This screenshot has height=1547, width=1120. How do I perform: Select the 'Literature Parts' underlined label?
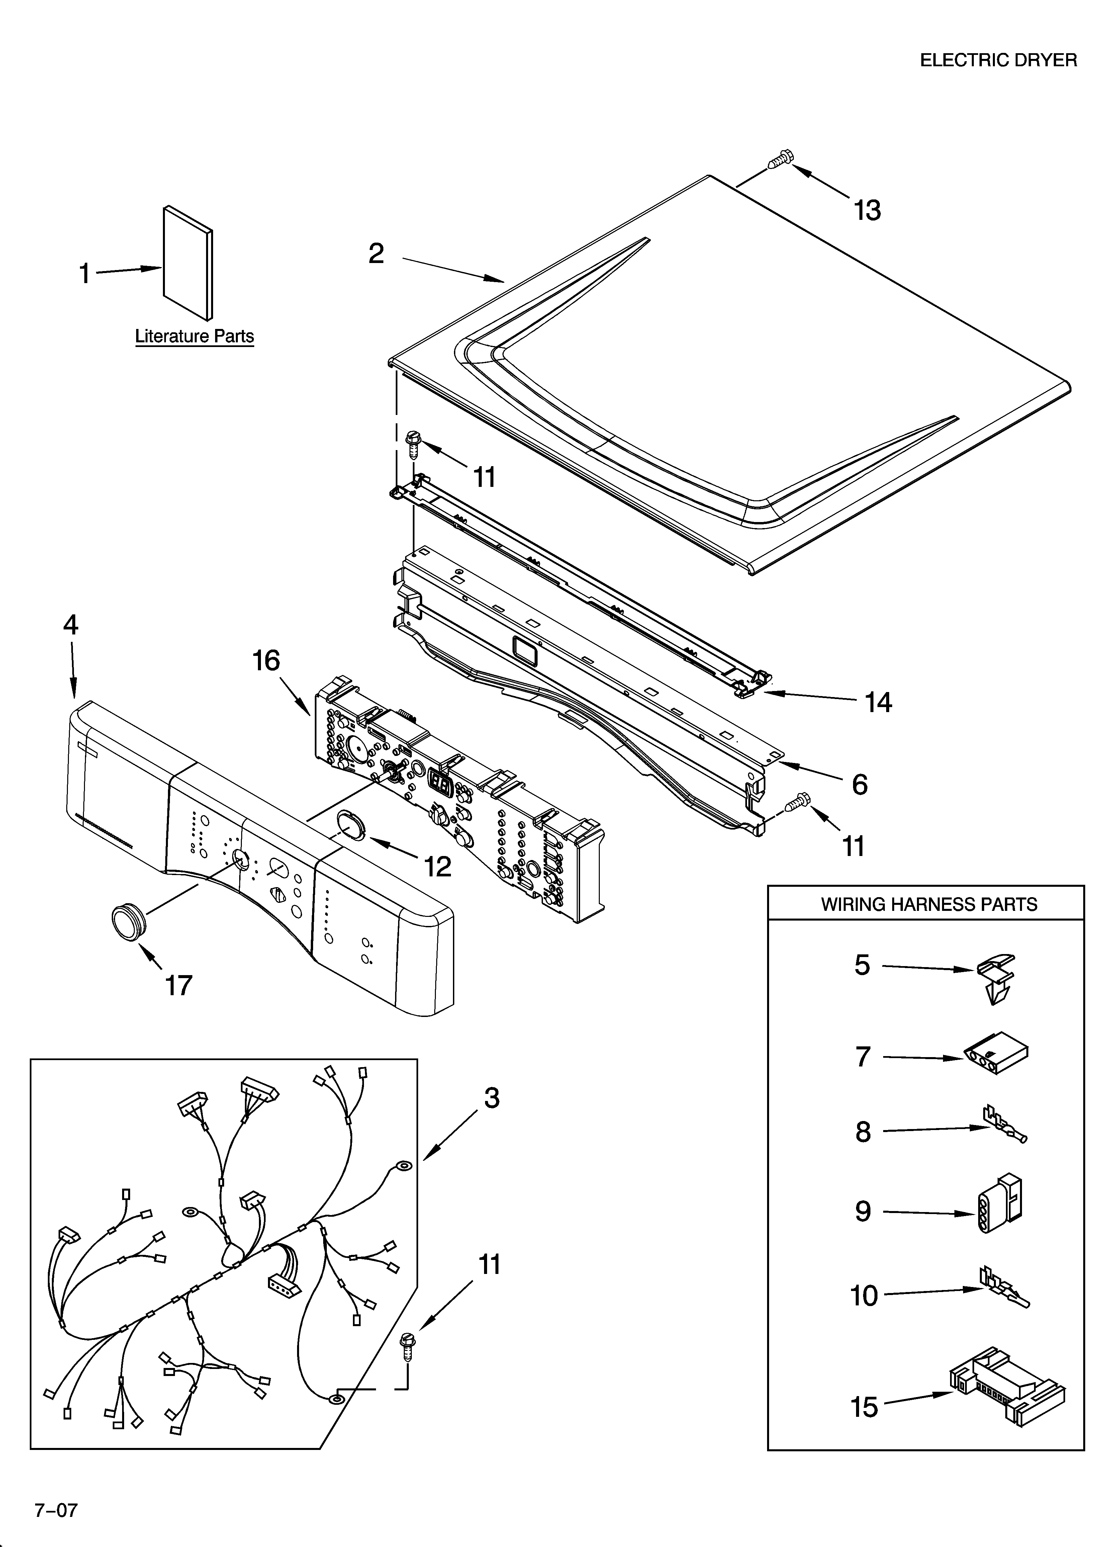(194, 336)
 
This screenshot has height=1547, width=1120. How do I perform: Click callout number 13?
(867, 211)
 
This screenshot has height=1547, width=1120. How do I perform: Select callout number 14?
(878, 702)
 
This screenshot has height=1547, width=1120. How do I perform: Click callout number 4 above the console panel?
(71, 625)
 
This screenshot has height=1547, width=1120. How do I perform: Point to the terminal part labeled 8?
(1004, 1132)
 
